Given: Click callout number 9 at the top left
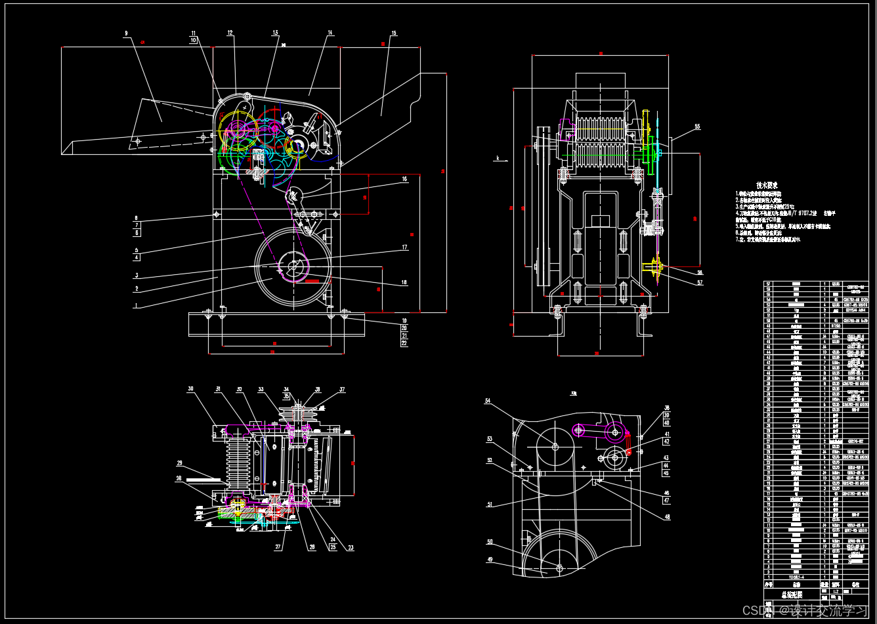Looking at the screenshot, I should click(x=126, y=32).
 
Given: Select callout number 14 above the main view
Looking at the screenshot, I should click(x=330, y=32).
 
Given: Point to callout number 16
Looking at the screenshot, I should click(x=404, y=178).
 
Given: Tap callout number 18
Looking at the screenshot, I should click(x=404, y=283).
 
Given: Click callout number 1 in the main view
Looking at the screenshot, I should click(x=137, y=305).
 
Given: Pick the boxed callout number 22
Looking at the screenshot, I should click(x=404, y=343).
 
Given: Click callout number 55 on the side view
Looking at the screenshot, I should click(x=697, y=126).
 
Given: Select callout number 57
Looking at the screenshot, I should click(x=699, y=283).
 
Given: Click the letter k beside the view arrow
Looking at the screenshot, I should click(x=498, y=158).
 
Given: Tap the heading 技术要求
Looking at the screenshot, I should click(x=767, y=185).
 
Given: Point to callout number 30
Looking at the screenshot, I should click(x=190, y=388).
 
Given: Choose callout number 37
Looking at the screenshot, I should click(x=341, y=390).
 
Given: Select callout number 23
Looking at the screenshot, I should click(x=350, y=547).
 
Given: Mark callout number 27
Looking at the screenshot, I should click(x=278, y=546).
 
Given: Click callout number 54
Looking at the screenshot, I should click(x=488, y=400).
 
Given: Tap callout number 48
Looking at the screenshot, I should click(x=666, y=516).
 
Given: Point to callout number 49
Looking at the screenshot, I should click(x=489, y=560).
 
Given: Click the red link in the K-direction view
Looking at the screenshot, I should click(x=628, y=444).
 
